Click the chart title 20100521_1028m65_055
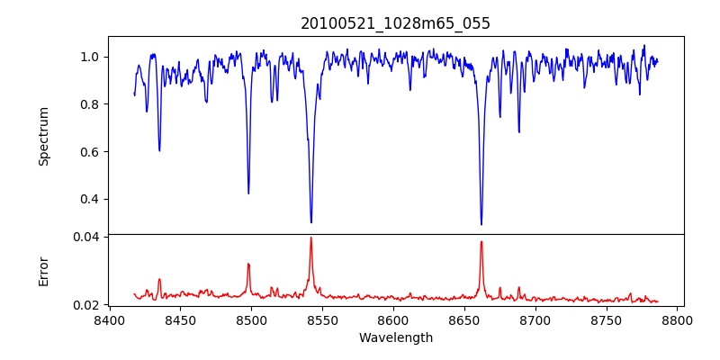tap(396, 23)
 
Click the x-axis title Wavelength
tap(396, 337)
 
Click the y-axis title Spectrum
tap(43, 136)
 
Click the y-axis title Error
tap(43, 271)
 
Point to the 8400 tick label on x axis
tap(109, 319)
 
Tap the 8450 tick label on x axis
tap(180, 319)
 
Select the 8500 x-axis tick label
tap(251, 319)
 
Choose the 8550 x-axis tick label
tap(322, 319)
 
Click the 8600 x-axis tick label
tap(393, 319)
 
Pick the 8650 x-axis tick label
tap(464, 319)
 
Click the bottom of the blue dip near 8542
tap(311, 222)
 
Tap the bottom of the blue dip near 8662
tap(481, 224)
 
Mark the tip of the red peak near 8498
tap(248, 264)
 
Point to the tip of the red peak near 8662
tap(481, 241)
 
